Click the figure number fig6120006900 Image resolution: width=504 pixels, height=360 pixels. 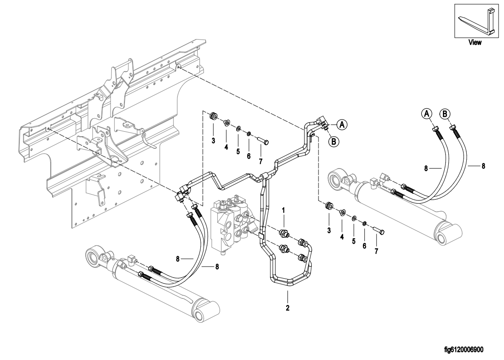(464, 350)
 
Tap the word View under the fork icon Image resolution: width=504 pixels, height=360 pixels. (475, 42)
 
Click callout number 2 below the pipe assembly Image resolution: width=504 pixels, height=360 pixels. (287, 308)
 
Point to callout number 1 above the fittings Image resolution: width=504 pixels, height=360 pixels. (283, 210)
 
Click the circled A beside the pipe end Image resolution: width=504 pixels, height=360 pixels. (342, 124)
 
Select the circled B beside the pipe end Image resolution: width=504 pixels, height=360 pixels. (334, 141)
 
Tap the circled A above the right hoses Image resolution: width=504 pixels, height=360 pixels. (427, 114)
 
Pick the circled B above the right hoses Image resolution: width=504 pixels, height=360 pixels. (445, 114)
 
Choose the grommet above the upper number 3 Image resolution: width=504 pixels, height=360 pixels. (213, 116)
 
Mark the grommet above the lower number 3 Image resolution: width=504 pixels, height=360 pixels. (329, 206)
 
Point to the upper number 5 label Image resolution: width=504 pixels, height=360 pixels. (238, 151)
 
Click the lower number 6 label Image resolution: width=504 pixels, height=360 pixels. (364, 246)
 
